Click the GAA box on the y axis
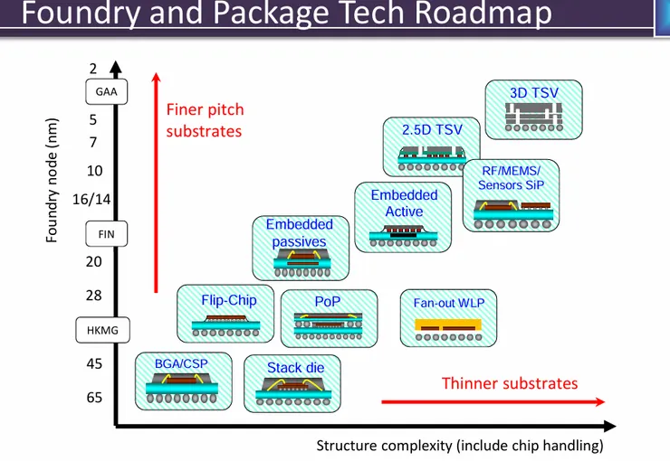[x=106, y=91]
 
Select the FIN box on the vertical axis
[x=106, y=234]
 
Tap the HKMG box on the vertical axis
[x=102, y=331]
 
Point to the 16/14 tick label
[x=91, y=200]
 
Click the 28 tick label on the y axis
[x=94, y=296]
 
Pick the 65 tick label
[x=94, y=398]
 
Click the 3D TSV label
[x=533, y=92]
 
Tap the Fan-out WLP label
[x=449, y=303]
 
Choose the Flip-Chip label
[x=229, y=300]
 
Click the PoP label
[x=328, y=301]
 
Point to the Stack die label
[x=295, y=368]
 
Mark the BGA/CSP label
[x=181, y=363]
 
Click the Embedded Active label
[x=404, y=203]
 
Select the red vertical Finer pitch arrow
[x=156, y=181]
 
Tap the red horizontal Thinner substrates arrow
[x=493, y=402]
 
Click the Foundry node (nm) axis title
[x=53, y=181]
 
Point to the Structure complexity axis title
[x=459, y=446]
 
